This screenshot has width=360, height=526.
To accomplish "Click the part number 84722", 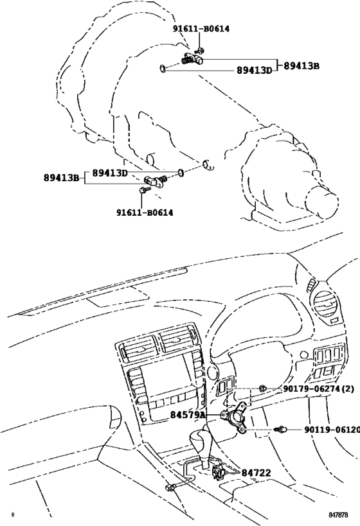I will pos(256,473).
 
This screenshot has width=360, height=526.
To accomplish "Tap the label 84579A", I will pos(188,416).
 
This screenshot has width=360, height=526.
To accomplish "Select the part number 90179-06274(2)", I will pos(318,389).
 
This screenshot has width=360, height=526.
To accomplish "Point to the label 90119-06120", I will pos(331,429).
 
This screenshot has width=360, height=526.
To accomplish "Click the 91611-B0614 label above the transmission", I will pos(201,28).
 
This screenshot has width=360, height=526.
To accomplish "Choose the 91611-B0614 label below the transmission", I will pos(145,213).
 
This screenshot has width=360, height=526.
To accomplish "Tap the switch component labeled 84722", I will pos(219,473).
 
